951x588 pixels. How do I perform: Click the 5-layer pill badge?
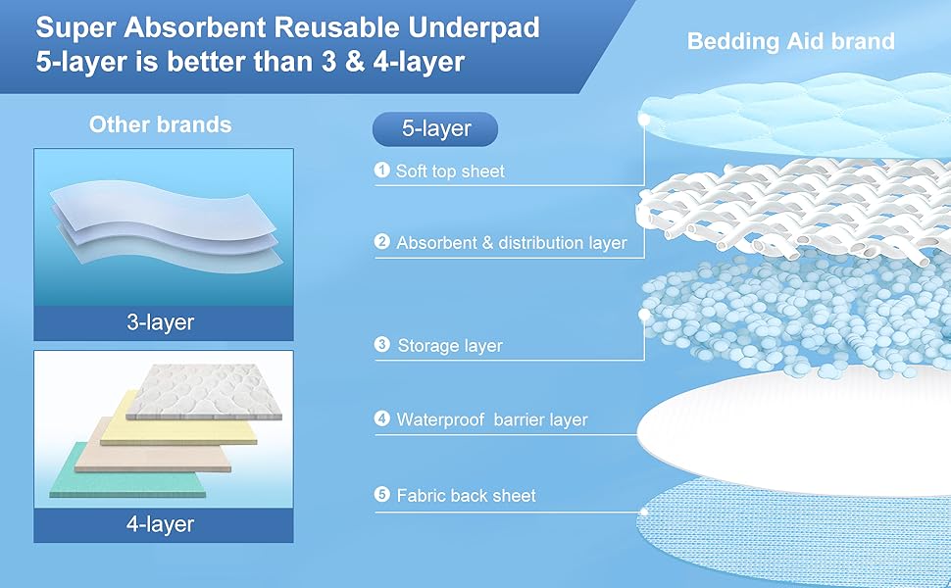coord(435,128)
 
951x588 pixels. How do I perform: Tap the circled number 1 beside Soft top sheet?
coord(382,171)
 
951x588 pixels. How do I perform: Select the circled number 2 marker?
coord(382,242)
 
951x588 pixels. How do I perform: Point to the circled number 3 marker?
coord(382,345)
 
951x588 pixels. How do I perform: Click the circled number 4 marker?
coord(382,419)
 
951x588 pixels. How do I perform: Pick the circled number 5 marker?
coord(382,495)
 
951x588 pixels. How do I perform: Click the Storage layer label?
coord(450,346)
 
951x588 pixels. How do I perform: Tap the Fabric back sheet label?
coord(466,496)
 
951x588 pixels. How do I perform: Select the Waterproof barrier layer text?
coord(491,420)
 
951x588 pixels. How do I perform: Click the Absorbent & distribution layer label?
coord(511,243)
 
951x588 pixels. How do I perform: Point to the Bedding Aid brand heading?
coord(790,41)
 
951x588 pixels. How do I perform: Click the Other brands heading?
coord(161,124)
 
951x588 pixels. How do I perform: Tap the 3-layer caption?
coord(161,322)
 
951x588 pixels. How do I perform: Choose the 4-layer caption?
coord(161,524)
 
